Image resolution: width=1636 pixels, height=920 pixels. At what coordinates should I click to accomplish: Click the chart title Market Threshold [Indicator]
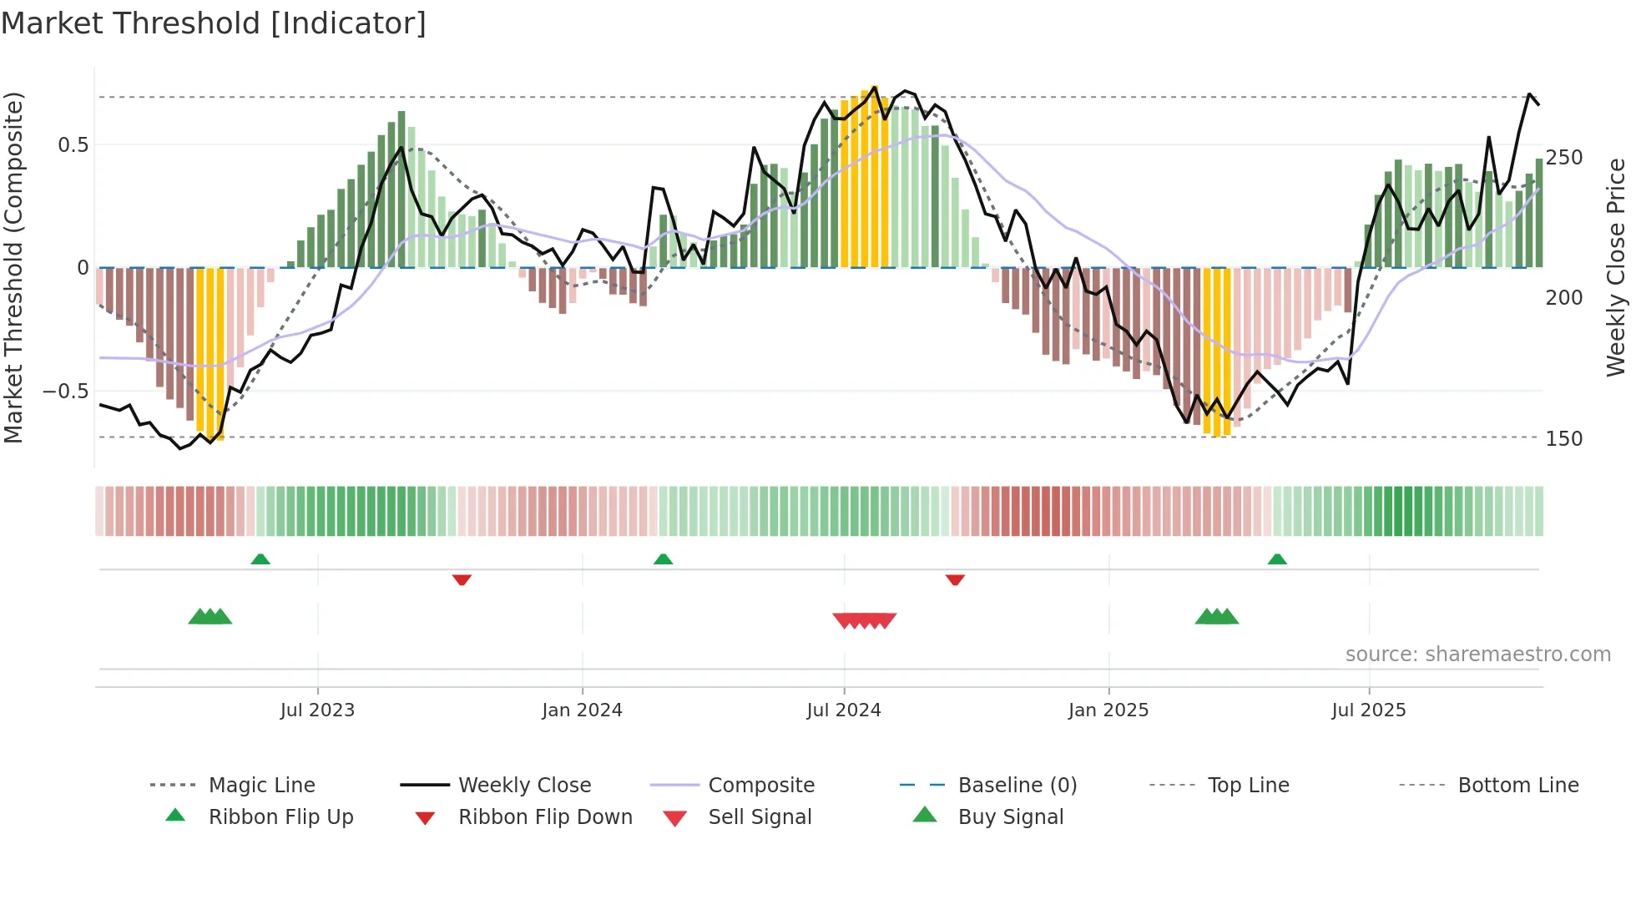214,23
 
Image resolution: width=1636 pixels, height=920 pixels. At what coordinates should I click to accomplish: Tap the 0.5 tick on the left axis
73,145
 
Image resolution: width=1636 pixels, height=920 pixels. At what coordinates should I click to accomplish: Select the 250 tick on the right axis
1563,158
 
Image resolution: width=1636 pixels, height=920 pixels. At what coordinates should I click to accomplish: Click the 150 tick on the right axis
1563,439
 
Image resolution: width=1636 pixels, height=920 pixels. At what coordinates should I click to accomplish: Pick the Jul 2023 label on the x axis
317,710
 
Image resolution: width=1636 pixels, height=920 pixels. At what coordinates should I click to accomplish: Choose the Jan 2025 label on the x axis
1108,710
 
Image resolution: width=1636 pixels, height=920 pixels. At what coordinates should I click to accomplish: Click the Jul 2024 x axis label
843,710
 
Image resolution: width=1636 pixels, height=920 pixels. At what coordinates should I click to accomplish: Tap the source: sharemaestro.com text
1477,655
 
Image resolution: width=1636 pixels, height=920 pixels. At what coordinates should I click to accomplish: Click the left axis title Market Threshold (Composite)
13,267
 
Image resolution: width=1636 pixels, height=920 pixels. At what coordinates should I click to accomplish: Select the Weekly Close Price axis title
1616,267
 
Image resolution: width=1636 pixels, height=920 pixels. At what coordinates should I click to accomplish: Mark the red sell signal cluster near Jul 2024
864,620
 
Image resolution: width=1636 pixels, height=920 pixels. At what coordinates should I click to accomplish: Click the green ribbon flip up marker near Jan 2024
663,559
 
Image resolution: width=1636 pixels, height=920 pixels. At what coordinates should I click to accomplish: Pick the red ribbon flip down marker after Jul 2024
955,579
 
